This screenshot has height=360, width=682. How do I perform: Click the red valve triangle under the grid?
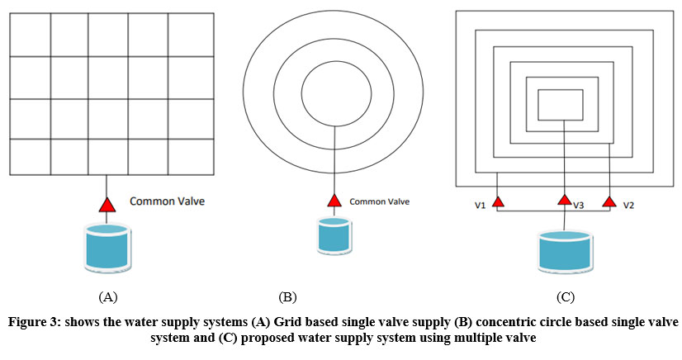coord(107,202)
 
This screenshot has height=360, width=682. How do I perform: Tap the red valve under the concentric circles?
coord(334,201)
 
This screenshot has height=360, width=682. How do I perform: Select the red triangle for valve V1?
coord(498,201)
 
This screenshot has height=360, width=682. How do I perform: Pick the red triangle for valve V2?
coord(609,201)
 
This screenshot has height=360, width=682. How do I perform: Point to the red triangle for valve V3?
coord(564,199)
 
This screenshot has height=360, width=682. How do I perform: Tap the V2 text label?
coord(628,205)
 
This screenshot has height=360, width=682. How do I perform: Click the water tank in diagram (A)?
coord(107,246)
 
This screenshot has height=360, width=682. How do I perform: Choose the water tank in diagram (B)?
coord(334,236)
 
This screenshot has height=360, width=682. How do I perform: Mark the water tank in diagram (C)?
coord(565,251)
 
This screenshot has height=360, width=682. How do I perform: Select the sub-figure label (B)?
coord(287,295)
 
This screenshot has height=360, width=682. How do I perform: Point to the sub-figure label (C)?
coord(565,296)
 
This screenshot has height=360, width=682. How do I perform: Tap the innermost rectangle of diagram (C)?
coord(565,105)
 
